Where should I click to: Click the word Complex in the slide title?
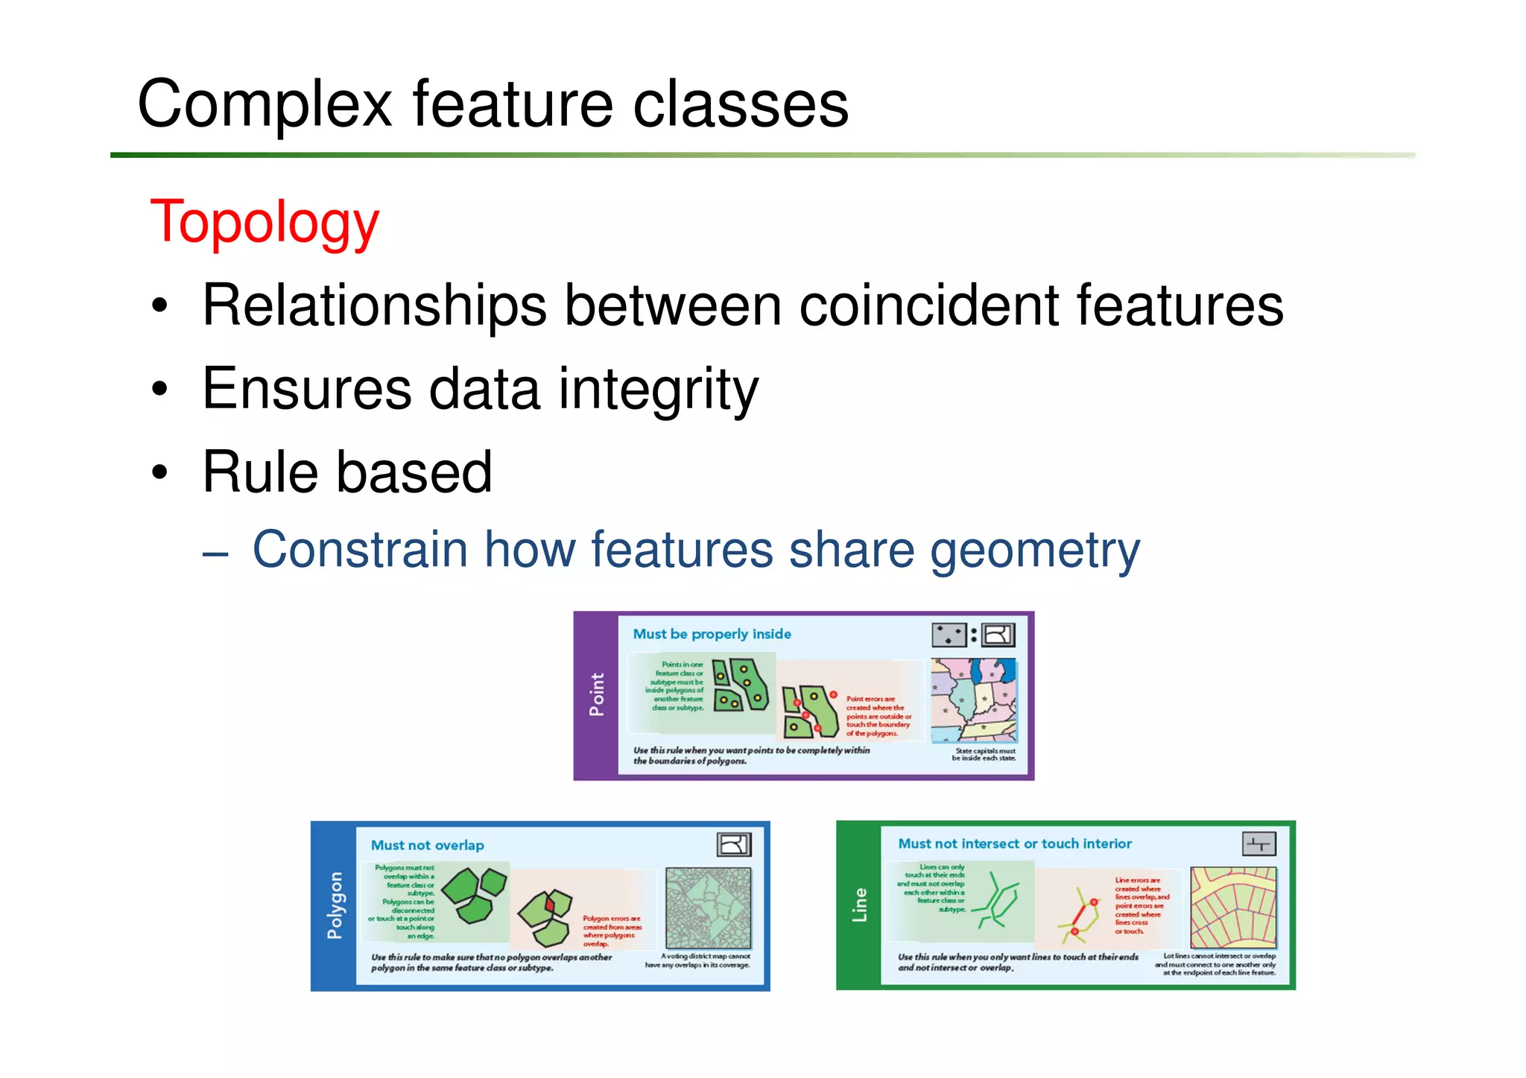(x=265, y=104)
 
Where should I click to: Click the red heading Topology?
(x=265, y=223)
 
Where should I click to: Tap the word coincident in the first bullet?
(x=928, y=305)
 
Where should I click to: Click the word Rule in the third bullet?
(x=260, y=472)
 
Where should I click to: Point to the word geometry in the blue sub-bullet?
(x=1035, y=551)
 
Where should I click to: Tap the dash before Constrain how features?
(x=215, y=554)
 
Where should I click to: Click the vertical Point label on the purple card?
(x=596, y=694)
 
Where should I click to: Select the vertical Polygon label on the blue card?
(x=335, y=905)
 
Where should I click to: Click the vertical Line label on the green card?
(x=859, y=905)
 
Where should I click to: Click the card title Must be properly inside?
(x=712, y=634)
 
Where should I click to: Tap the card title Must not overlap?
(x=427, y=846)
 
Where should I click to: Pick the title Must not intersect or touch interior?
(x=1014, y=844)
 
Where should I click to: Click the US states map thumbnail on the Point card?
(x=974, y=700)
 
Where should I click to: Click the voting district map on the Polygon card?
(x=708, y=907)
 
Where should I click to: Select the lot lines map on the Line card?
(x=1233, y=907)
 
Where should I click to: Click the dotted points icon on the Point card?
(x=949, y=635)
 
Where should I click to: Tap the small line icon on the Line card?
(x=1259, y=844)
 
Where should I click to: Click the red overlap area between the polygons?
(x=550, y=904)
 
